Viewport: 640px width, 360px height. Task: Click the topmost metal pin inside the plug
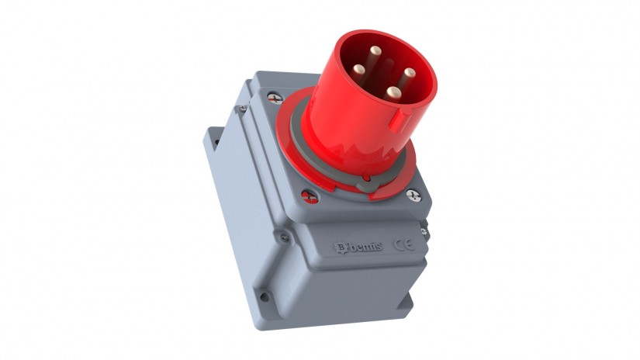(375, 51)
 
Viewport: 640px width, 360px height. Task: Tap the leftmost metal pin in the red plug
(358, 69)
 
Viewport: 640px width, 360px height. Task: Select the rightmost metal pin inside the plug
(410, 73)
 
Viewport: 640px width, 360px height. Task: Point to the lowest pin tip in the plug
(393, 92)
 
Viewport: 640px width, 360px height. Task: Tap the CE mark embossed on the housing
(403, 244)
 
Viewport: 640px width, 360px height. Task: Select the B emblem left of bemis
(339, 247)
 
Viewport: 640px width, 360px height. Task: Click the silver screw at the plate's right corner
(413, 195)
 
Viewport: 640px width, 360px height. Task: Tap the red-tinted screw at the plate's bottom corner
(310, 197)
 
